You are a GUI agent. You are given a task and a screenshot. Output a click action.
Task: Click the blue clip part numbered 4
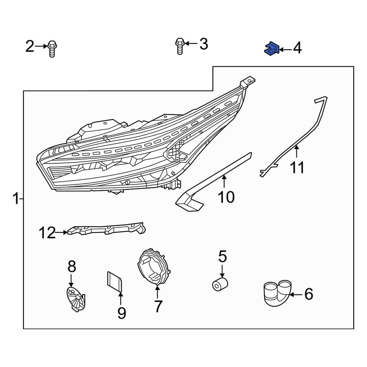click(x=272, y=48)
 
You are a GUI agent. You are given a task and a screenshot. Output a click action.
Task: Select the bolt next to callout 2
click(x=52, y=49)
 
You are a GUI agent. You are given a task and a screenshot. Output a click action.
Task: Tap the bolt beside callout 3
click(x=179, y=46)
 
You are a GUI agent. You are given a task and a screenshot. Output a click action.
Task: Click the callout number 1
click(x=15, y=199)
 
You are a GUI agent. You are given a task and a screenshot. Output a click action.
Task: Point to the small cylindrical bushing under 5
click(x=220, y=284)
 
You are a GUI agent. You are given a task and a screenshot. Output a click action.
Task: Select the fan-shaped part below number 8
click(x=75, y=298)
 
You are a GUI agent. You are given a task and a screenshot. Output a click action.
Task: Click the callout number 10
click(x=226, y=197)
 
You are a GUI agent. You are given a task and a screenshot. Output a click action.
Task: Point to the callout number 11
click(x=297, y=168)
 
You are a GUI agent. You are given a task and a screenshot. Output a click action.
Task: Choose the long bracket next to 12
click(x=106, y=230)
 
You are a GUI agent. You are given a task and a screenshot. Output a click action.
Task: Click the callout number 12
click(x=47, y=233)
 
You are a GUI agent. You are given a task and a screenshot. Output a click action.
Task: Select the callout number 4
click(x=297, y=48)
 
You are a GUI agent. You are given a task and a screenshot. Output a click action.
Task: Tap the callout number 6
click(x=309, y=294)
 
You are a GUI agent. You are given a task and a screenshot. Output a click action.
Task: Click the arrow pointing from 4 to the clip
click(x=286, y=49)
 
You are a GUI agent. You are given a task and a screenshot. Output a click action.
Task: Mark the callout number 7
click(x=157, y=306)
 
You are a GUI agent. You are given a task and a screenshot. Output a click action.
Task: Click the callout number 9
click(x=121, y=313)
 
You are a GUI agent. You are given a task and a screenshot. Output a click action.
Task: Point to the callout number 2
click(x=30, y=46)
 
